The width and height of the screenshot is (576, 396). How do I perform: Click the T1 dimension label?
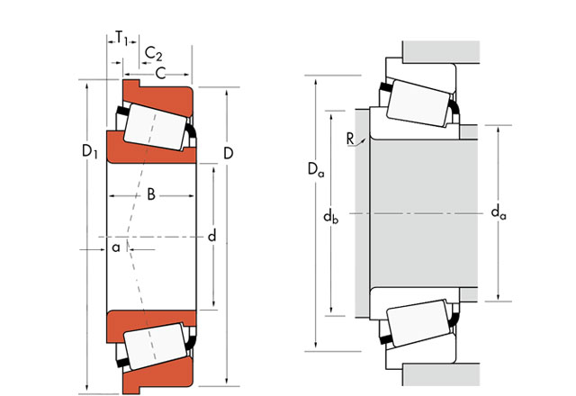(121, 38)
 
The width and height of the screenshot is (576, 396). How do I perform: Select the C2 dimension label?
(153, 54)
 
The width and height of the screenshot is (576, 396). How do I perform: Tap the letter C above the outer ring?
(160, 74)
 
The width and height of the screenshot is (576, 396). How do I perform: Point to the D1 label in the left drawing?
(90, 151)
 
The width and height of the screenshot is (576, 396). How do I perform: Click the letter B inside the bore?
(151, 194)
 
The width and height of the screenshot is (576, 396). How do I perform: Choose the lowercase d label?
(212, 236)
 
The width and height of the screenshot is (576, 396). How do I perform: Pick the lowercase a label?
(116, 248)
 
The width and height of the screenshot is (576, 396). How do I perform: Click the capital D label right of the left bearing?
(228, 153)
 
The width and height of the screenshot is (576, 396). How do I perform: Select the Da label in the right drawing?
(316, 169)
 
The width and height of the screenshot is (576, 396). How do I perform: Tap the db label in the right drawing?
(330, 216)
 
